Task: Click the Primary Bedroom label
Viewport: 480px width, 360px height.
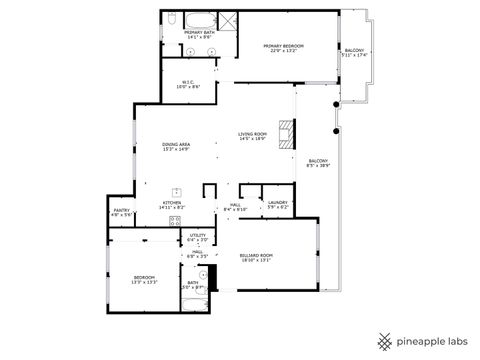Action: pos(283,48)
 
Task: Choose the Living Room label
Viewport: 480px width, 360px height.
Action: pos(252,136)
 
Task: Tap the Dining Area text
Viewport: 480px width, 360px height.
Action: pos(176,147)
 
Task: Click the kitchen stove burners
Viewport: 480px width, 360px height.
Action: pos(174,220)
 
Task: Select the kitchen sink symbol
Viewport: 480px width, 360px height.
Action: pos(176,192)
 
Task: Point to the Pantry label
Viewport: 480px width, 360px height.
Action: pos(121,212)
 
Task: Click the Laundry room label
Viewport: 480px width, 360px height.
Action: pos(277,206)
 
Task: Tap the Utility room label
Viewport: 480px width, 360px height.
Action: pos(197,238)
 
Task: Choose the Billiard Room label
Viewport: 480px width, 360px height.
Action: pos(256,257)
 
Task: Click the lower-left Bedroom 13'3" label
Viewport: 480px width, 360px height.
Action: pos(144,279)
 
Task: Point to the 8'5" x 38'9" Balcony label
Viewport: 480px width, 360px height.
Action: pos(318,163)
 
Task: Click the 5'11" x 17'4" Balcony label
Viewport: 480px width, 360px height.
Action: pos(355,52)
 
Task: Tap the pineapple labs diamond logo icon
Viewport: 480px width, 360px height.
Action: pos(385,340)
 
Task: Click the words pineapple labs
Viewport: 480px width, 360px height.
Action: pos(432,341)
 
